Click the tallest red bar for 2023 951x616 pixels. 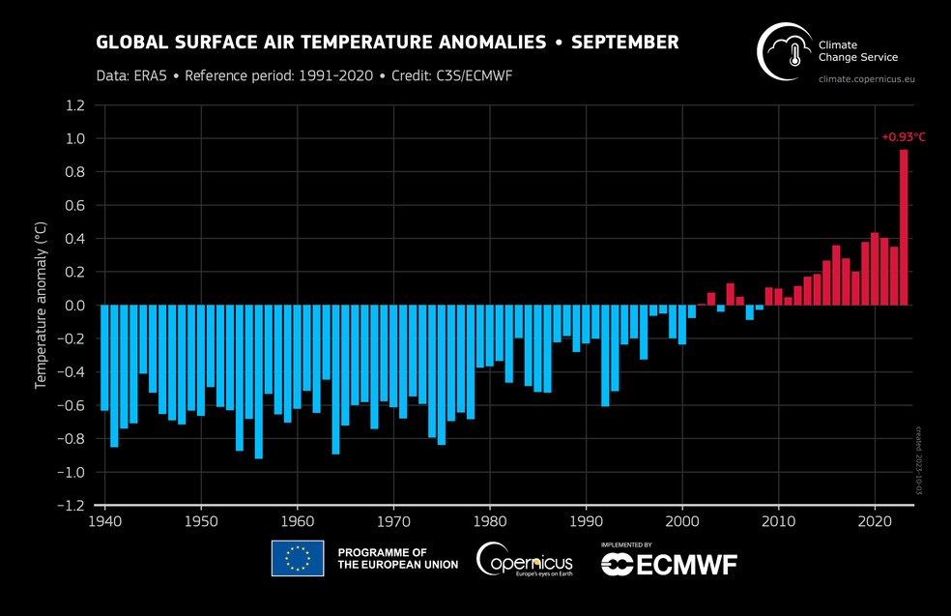pyautogui.click(x=904, y=227)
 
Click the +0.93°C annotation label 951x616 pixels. pyautogui.click(x=903, y=137)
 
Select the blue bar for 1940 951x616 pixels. pyautogui.click(x=104, y=358)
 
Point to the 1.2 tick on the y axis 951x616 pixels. pyautogui.click(x=76, y=105)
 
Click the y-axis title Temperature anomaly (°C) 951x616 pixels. pyautogui.click(x=41, y=306)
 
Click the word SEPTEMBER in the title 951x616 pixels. pyautogui.click(x=624, y=43)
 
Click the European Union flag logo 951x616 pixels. pyautogui.click(x=298, y=558)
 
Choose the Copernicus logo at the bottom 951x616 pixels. pyautogui.click(x=524, y=559)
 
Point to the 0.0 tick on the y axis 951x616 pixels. pyautogui.click(x=76, y=306)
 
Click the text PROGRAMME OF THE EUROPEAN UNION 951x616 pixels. pyautogui.click(x=397, y=558)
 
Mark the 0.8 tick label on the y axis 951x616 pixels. pyautogui.click(x=76, y=172)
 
